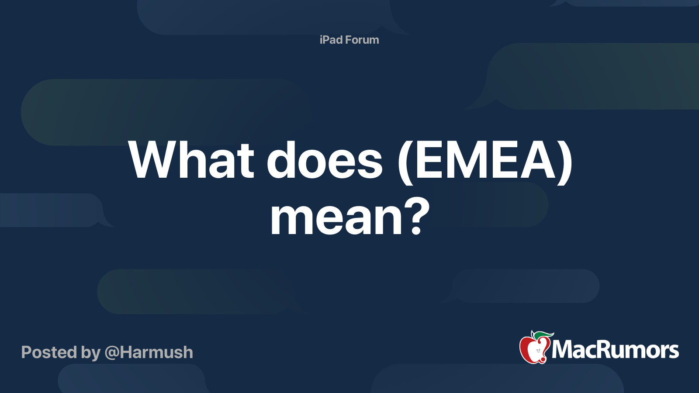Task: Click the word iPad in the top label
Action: pyautogui.click(x=331, y=40)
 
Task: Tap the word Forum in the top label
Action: pyautogui.click(x=362, y=40)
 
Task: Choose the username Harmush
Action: pyautogui.click(x=156, y=352)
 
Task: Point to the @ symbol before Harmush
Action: pyautogui.click(x=111, y=353)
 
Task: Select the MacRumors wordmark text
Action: pyautogui.click(x=615, y=350)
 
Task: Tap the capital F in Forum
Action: pyautogui.click(x=348, y=40)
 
